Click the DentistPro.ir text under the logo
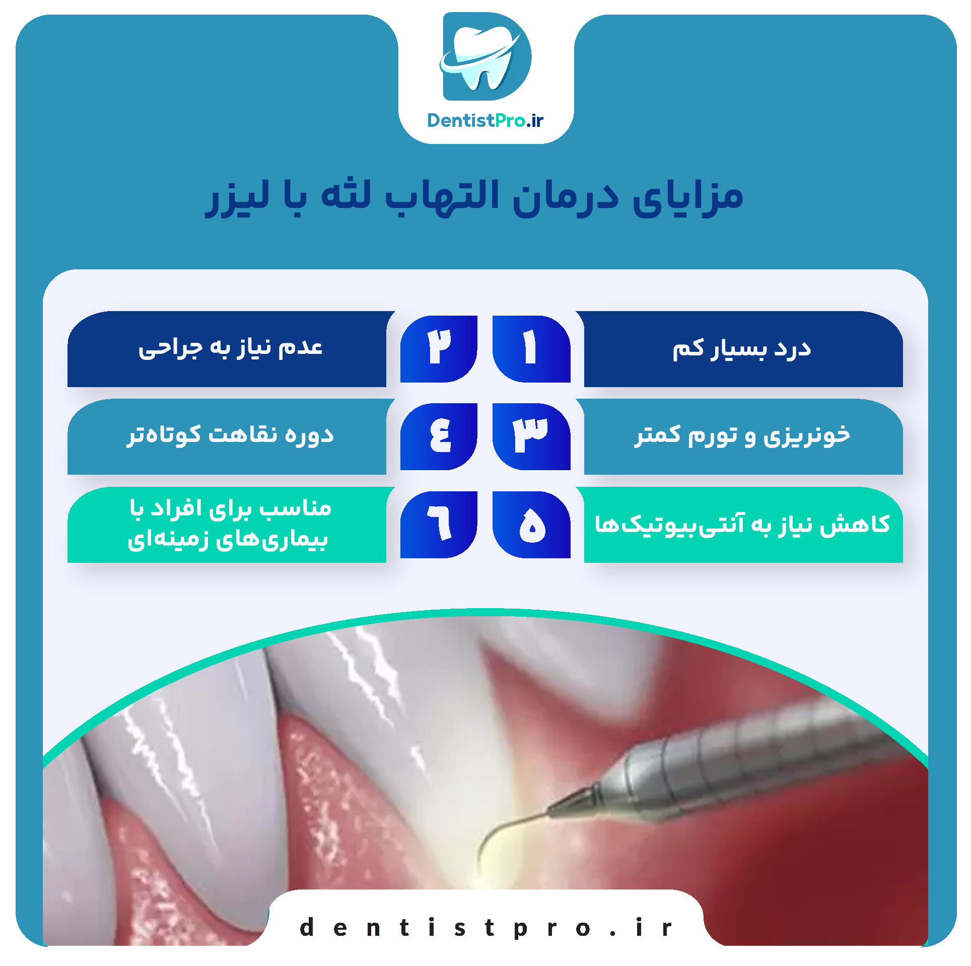click(x=485, y=121)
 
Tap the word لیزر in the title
click(x=237, y=198)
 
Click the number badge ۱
click(x=531, y=349)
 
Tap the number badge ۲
click(x=439, y=349)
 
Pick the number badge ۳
click(x=531, y=436)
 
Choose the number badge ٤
click(x=439, y=436)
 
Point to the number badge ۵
click(x=531, y=525)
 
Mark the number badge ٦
click(x=439, y=525)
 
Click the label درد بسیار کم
click(x=742, y=349)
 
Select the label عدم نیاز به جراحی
click(x=231, y=348)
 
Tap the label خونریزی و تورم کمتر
click(x=742, y=435)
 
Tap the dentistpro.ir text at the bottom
click(x=485, y=928)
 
